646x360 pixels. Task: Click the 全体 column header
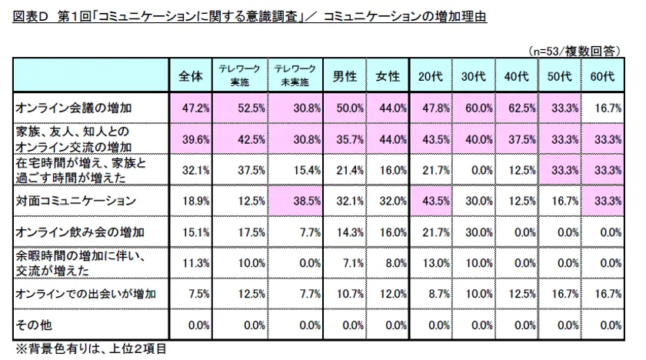[x=190, y=76]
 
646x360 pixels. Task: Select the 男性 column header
[x=344, y=76]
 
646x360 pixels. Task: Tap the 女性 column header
[x=388, y=76]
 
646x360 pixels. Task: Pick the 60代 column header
[x=602, y=76]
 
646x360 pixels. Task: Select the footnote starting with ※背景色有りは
[x=92, y=348]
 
